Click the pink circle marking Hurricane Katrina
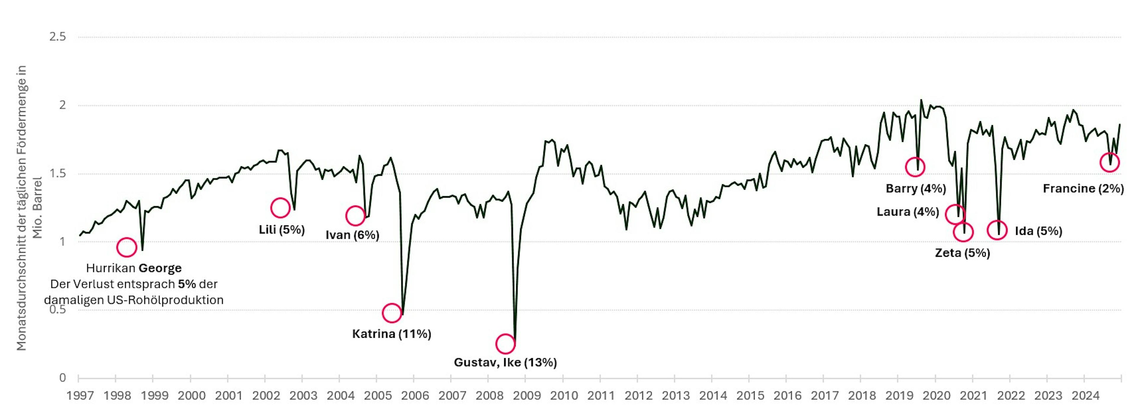click(392, 313)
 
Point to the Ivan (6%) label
click(352, 235)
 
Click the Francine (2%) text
click(1083, 189)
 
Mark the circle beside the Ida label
click(997, 230)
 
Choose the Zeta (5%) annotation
click(962, 253)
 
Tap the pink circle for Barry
click(915, 167)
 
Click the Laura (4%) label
click(908, 212)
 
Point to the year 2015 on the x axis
click(750, 395)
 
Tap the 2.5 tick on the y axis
click(57, 37)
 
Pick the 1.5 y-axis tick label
click(57, 174)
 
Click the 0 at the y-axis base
click(62, 378)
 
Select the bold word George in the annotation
click(160, 268)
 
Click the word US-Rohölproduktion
click(165, 300)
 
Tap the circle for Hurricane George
click(127, 247)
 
